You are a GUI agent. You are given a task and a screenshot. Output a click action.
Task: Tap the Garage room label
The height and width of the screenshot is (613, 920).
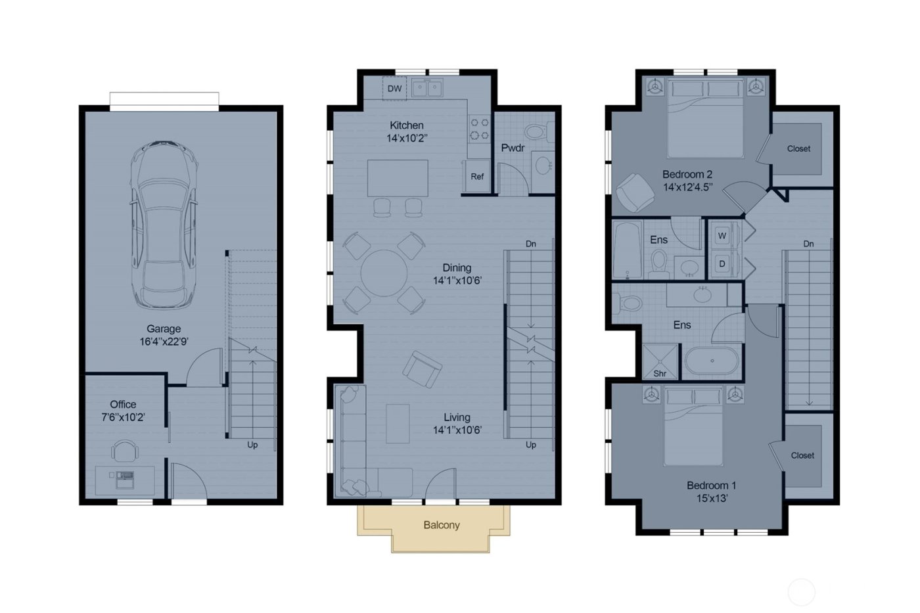pos(164,329)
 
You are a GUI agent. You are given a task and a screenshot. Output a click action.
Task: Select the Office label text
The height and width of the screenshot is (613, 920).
pos(123,405)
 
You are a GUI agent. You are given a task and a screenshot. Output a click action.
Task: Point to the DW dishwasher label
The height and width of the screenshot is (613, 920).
pos(394,89)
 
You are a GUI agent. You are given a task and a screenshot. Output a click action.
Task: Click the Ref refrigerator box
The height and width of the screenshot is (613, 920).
pos(477,177)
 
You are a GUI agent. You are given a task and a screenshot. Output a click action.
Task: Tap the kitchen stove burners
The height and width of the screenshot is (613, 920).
pos(479,129)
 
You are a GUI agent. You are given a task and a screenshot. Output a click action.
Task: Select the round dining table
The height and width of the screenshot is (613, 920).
pos(384,273)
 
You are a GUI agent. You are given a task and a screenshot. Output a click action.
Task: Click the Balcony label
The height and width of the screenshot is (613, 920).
pos(442,525)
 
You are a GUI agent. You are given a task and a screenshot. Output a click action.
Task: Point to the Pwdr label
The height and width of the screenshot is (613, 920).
pos(513,148)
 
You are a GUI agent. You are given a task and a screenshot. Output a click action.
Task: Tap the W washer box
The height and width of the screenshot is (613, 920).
pos(722,236)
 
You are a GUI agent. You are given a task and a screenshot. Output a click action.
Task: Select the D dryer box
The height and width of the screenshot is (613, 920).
pos(722,264)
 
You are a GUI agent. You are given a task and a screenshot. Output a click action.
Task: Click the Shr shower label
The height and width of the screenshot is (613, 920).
pos(660,374)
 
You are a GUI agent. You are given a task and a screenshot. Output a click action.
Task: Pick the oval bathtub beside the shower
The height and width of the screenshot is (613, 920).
pos(712,361)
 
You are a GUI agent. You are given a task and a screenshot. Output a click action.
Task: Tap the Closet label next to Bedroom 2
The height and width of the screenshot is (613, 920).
pos(798,148)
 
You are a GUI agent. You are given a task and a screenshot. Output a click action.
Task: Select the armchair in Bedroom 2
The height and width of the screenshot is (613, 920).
pos(634,192)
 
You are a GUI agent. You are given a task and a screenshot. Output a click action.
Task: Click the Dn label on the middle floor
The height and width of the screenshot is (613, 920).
pos(531,244)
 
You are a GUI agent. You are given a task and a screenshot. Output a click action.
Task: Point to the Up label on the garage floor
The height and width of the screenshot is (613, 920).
pos(252,445)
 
